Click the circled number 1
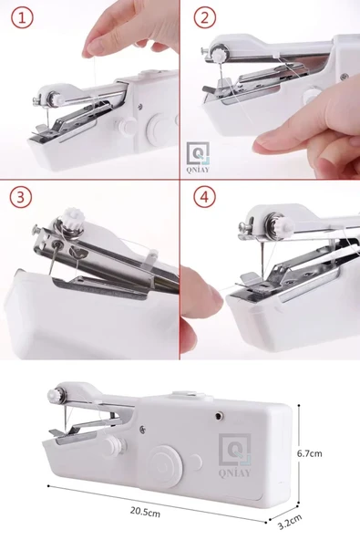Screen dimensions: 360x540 [23, 17]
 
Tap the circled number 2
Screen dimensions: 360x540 [205, 17]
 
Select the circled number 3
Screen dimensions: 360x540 [21, 197]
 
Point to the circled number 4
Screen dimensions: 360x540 [204, 197]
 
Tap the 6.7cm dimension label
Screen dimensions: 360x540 [309, 453]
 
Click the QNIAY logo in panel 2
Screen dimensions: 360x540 [198, 157]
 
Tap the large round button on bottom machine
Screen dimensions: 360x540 [166, 467]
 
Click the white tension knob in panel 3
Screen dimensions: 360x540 [72, 217]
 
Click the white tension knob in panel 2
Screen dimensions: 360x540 [219, 55]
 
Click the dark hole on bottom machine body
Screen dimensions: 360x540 [218, 416]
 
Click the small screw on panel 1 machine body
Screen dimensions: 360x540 [139, 107]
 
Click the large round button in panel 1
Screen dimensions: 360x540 [160, 128]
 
